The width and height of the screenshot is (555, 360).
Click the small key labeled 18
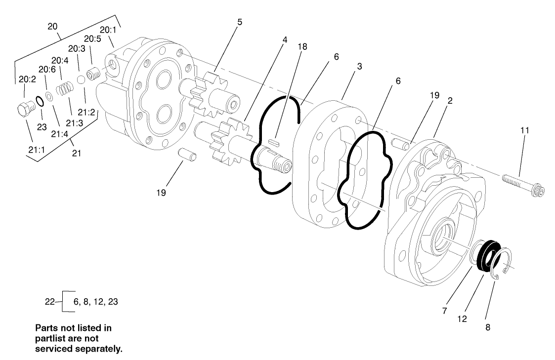[x=275, y=142]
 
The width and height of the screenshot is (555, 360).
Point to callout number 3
[x=359, y=66]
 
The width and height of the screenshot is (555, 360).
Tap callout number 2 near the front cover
[x=450, y=100]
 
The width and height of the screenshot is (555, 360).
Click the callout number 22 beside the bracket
[x=49, y=302]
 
